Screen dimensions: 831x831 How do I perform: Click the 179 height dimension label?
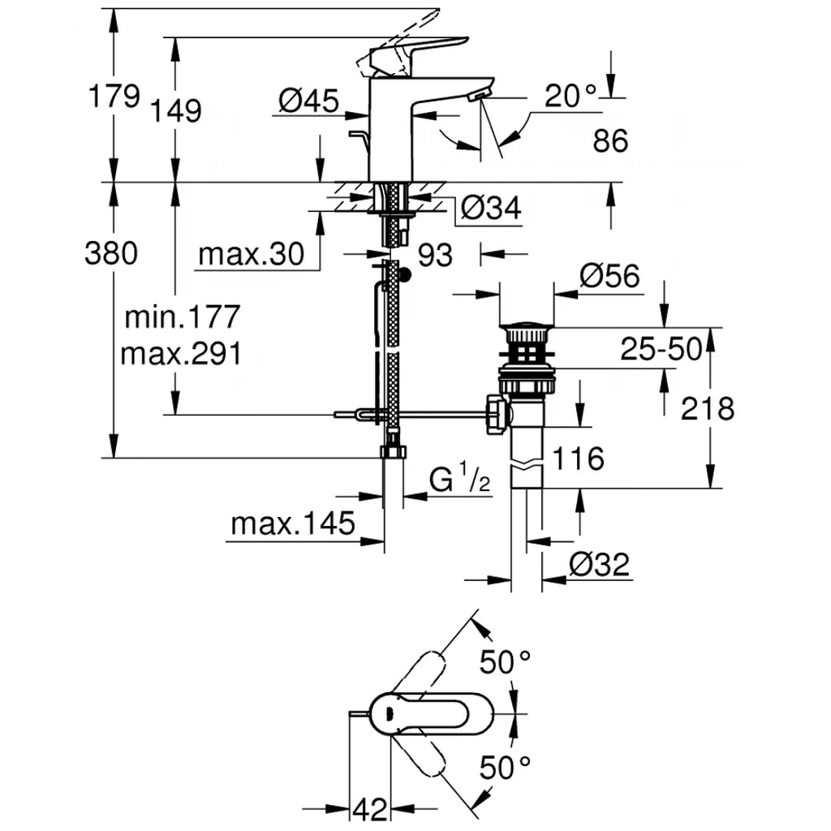click(x=114, y=96)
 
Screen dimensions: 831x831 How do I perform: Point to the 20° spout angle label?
click(x=571, y=97)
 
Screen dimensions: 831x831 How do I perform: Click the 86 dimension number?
click(x=610, y=141)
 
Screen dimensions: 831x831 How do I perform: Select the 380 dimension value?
click(x=111, y=254)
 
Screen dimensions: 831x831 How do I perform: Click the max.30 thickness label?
click(x=251, y=255)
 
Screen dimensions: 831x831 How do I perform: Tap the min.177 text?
click(x=183, y=316)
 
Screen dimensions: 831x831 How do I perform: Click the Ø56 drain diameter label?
click(x=609, y=277)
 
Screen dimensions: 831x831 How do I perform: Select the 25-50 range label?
click(x=660, y=350)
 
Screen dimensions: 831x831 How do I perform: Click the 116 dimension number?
click(x=578, y=459)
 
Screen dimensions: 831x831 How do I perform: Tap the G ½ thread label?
click(x=460, y=480)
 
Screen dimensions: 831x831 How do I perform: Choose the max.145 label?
click(x=293, y=523)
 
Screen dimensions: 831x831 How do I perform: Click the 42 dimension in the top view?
click(x=369, y=808)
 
